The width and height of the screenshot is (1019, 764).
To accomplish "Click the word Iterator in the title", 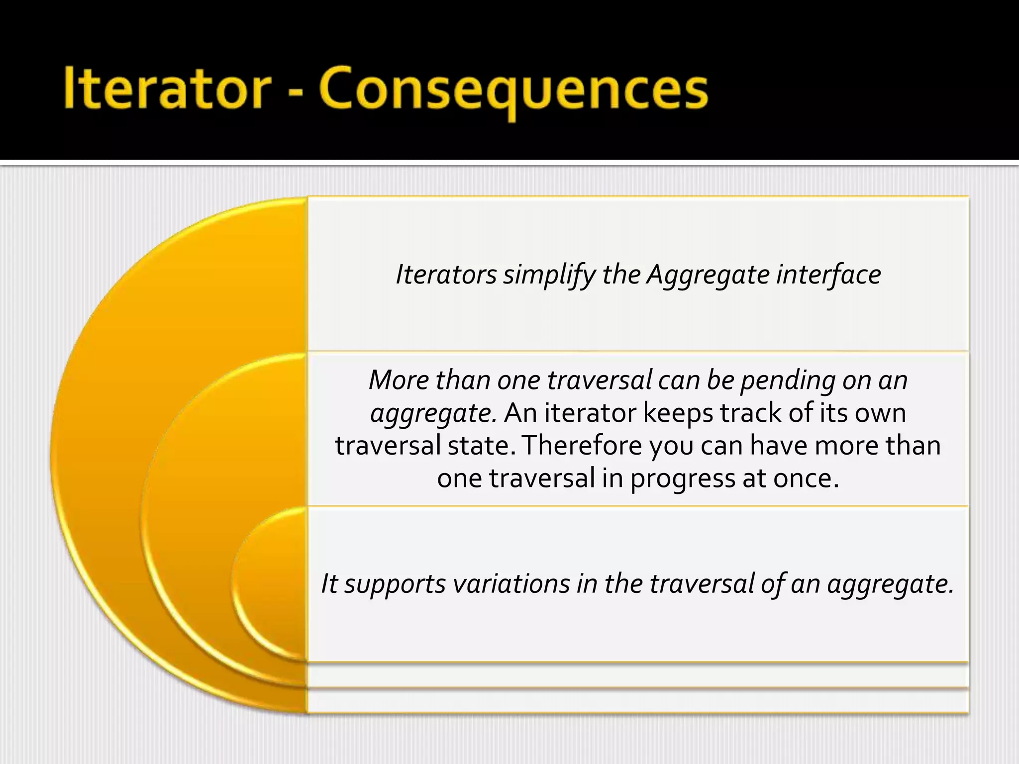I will pyautogui.click(x=167, y=88).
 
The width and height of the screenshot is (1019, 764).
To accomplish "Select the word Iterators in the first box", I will pyautogui.click(x=446, y=275).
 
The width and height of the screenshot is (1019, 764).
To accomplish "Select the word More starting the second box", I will pyautogui.click(x=399, y=380).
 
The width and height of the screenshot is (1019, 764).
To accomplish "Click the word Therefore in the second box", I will pyautogui.click(x=582, y=445).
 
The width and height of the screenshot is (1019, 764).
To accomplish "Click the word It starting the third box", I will pyautogui.click(x=329, y=583).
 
